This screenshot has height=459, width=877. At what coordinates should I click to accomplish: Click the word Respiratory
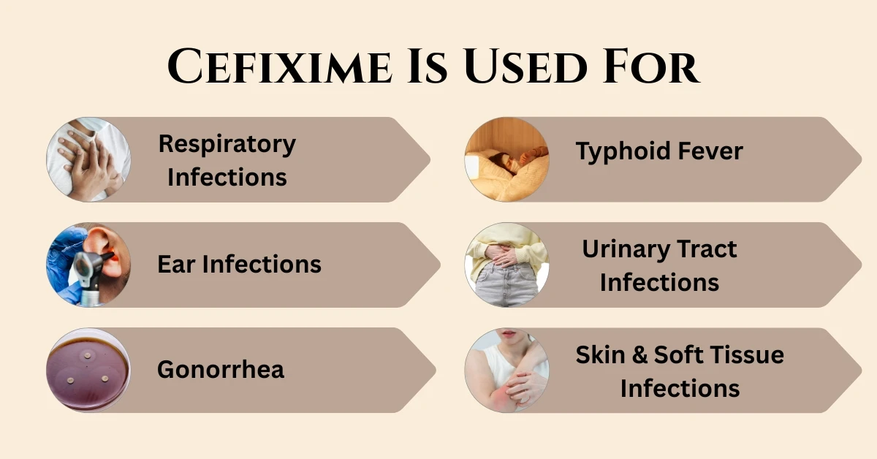pos(227,143)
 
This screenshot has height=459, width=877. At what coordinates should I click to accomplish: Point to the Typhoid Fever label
pos(658,151)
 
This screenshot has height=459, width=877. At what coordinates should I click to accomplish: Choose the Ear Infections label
pos(239,264)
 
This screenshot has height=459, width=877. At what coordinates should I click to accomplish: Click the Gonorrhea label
pos(221,369)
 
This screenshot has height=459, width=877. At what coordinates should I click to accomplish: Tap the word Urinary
pos(620,249)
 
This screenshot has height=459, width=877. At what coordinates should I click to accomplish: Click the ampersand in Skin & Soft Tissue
pos(634,355)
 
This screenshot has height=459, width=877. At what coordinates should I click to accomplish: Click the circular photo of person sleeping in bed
pos(506,159)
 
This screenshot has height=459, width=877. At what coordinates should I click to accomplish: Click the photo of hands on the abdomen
pos(506,265)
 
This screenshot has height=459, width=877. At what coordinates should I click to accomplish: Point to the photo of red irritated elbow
pos(506,370)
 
